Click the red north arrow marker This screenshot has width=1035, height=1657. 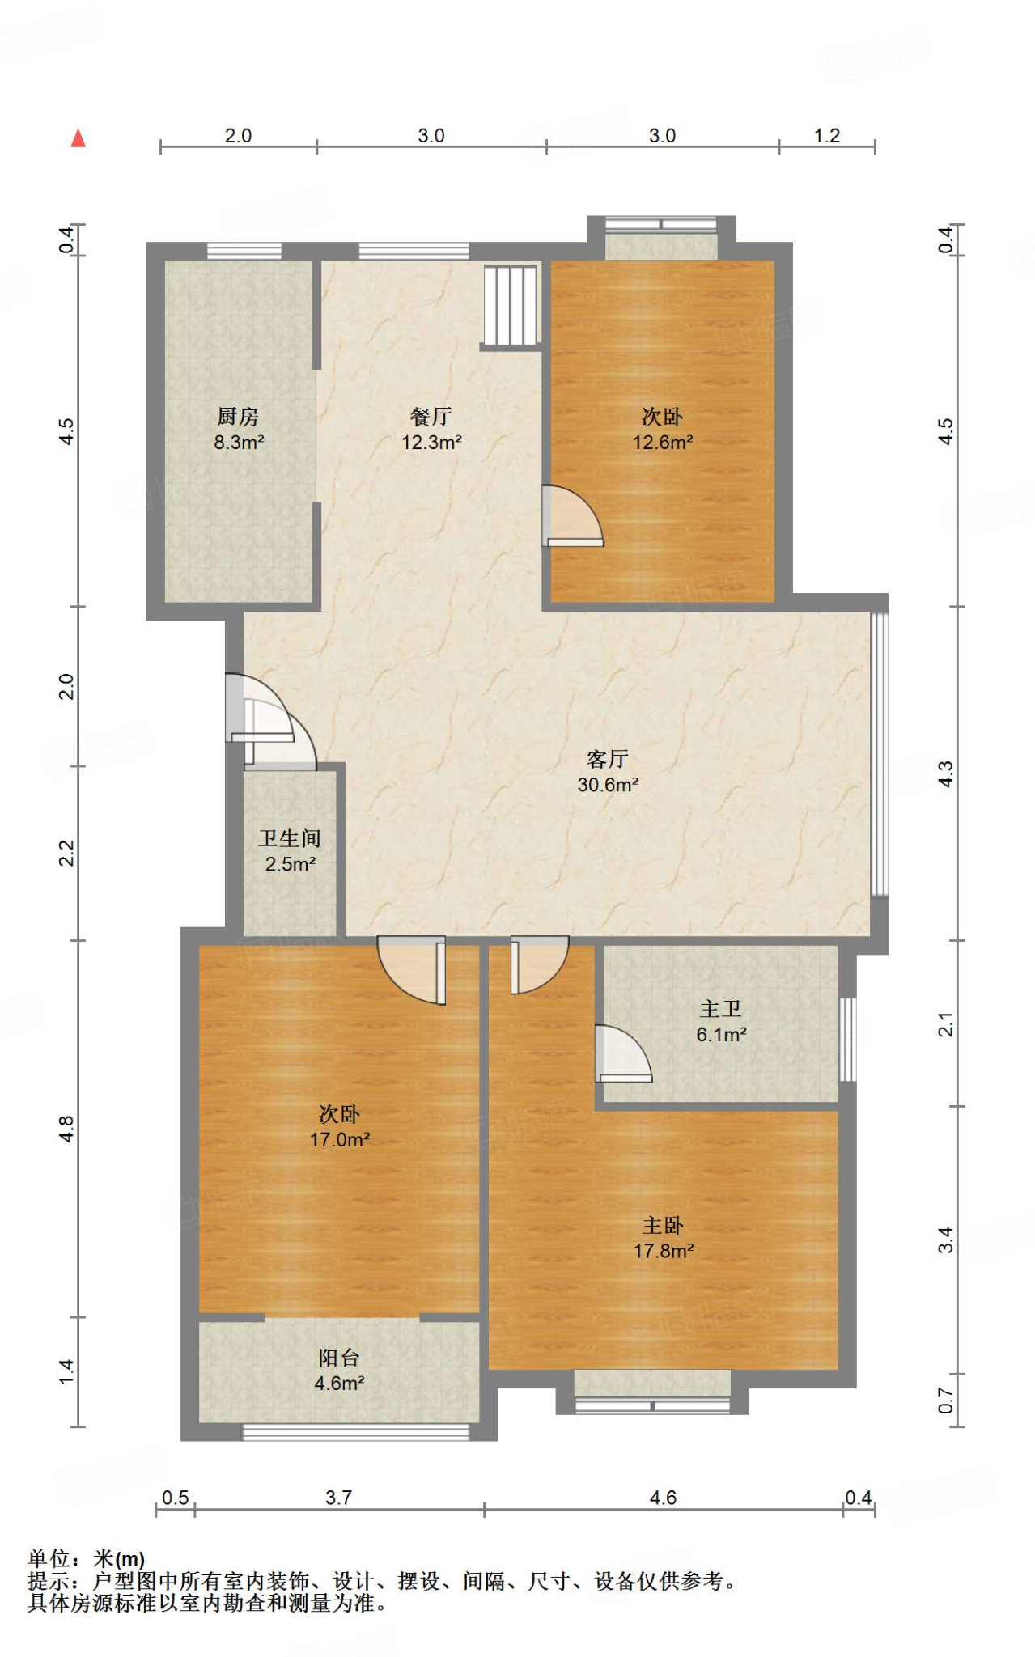coord(78,138)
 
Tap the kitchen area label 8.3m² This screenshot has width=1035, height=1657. coord(239,443)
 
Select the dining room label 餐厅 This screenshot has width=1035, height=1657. coord(431,417)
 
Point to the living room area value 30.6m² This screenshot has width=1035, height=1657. coord(608,785)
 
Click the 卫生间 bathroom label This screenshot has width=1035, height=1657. coord(290,839)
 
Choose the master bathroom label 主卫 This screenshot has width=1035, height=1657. coord(720,1009)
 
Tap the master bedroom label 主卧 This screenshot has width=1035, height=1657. coord(663,1226)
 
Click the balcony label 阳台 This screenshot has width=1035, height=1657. coord(339,1358)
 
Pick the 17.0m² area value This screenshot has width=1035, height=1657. coord(340,1140)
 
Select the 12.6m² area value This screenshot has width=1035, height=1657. coord(663,443)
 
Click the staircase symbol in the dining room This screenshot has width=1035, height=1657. coord(511,306)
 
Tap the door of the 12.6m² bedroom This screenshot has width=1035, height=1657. coord(573,516)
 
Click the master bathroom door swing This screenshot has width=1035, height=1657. coord(623,1053)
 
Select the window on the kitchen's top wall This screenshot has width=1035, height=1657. coord(244,251)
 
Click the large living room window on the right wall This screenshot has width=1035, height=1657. coord(880,755)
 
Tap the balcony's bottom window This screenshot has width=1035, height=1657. coord(356,1432)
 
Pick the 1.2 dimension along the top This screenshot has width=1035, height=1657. coord(827,136)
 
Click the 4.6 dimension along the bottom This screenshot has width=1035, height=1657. coord(663,1498)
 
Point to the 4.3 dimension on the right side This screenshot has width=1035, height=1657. coord(945,773)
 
